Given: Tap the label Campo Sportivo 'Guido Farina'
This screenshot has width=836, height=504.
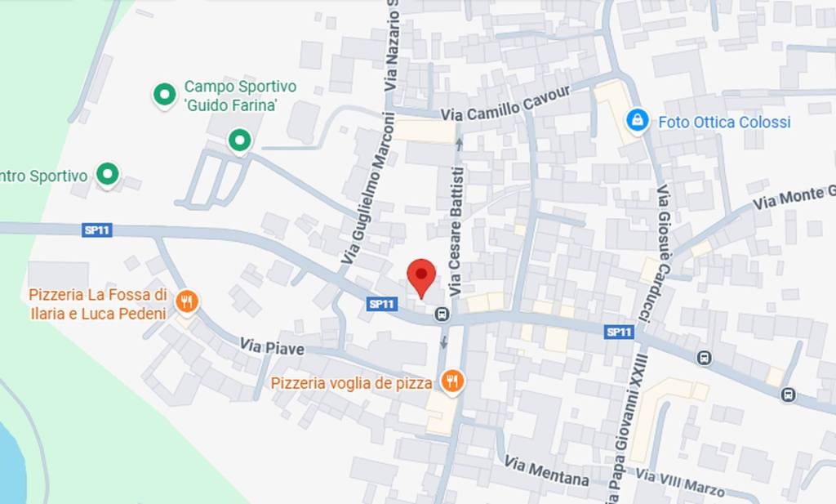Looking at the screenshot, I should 240,96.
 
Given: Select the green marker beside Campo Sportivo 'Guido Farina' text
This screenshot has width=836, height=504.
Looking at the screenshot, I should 165,95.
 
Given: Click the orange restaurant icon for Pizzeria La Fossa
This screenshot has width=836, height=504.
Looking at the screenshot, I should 187,302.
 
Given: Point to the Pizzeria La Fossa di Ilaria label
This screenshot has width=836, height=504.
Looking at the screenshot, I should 98,304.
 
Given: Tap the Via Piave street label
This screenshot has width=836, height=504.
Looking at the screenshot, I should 272,348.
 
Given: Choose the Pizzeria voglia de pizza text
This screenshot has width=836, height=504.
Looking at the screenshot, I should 351,382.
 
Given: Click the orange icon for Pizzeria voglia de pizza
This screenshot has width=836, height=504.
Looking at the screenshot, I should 451,380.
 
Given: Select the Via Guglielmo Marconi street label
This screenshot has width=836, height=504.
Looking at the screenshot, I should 367,188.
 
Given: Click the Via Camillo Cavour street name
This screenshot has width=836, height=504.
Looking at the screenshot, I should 505,105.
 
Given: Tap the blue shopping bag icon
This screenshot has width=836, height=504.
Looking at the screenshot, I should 637,121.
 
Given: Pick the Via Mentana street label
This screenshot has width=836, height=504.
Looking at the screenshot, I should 546,471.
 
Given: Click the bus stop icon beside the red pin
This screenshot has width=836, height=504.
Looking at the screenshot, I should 442,314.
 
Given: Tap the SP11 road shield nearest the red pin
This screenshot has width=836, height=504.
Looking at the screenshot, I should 382,304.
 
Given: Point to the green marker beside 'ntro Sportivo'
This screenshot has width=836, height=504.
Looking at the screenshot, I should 107,174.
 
